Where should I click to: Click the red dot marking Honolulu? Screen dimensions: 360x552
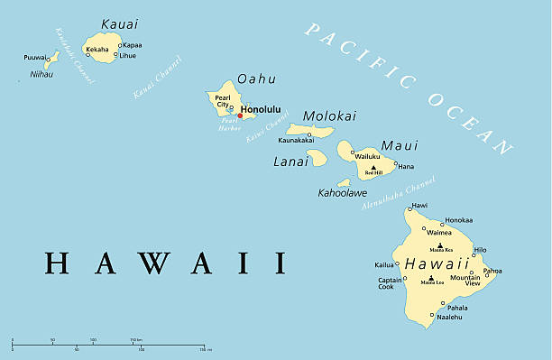pos(240,115)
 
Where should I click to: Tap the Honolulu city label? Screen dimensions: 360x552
pos(262,109)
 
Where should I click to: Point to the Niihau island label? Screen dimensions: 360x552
pos(41,74)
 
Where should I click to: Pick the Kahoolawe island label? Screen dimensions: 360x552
pos(343,193)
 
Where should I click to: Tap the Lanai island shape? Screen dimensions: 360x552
pos(317,157)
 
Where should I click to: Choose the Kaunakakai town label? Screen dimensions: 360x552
pos(296,141)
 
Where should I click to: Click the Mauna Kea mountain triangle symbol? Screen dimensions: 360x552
pos(440,245)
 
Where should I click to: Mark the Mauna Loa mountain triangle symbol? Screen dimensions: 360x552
pos(431,277)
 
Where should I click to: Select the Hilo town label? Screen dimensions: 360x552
pos(480,250)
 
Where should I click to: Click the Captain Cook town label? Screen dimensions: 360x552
pos(390,283)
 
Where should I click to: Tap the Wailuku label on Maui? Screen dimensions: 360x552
pos(367,157)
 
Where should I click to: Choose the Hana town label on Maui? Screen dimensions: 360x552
pos(406,166)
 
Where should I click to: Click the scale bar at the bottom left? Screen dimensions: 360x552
pos(108,345)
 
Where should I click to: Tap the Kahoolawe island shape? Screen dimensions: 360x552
pos(345,182)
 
